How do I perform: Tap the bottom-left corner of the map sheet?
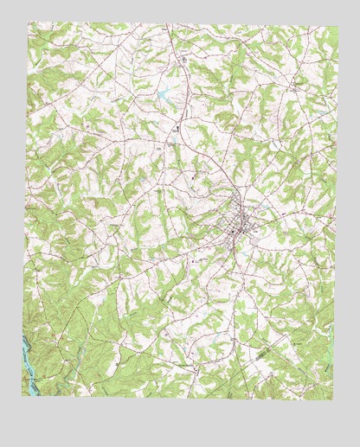22,396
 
